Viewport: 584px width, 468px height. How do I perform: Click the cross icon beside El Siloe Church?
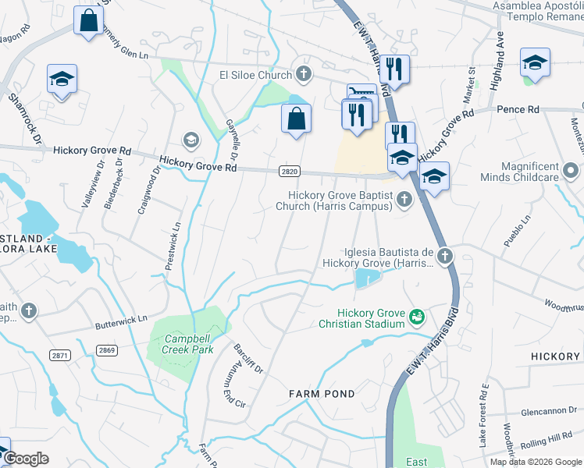(x=304, y=75)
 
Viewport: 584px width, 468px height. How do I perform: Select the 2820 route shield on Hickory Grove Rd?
(x=289, y=170)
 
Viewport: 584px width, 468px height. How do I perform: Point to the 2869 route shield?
(x=107, y=350)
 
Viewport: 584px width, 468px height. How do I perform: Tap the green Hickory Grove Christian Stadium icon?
(x=418, y=317)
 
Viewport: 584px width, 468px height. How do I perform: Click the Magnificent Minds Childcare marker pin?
(x=572, y=170)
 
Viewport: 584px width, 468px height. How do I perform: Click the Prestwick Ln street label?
(x=173, y=247)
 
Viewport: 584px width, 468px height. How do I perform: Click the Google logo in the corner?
(x=26, y=459)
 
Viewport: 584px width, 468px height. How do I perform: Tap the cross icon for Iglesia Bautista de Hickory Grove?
(x=444, y=256)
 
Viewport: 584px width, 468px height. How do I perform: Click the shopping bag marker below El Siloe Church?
(x=296, y=119)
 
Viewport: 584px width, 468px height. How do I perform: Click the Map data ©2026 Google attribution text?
(x=536, y=462)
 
